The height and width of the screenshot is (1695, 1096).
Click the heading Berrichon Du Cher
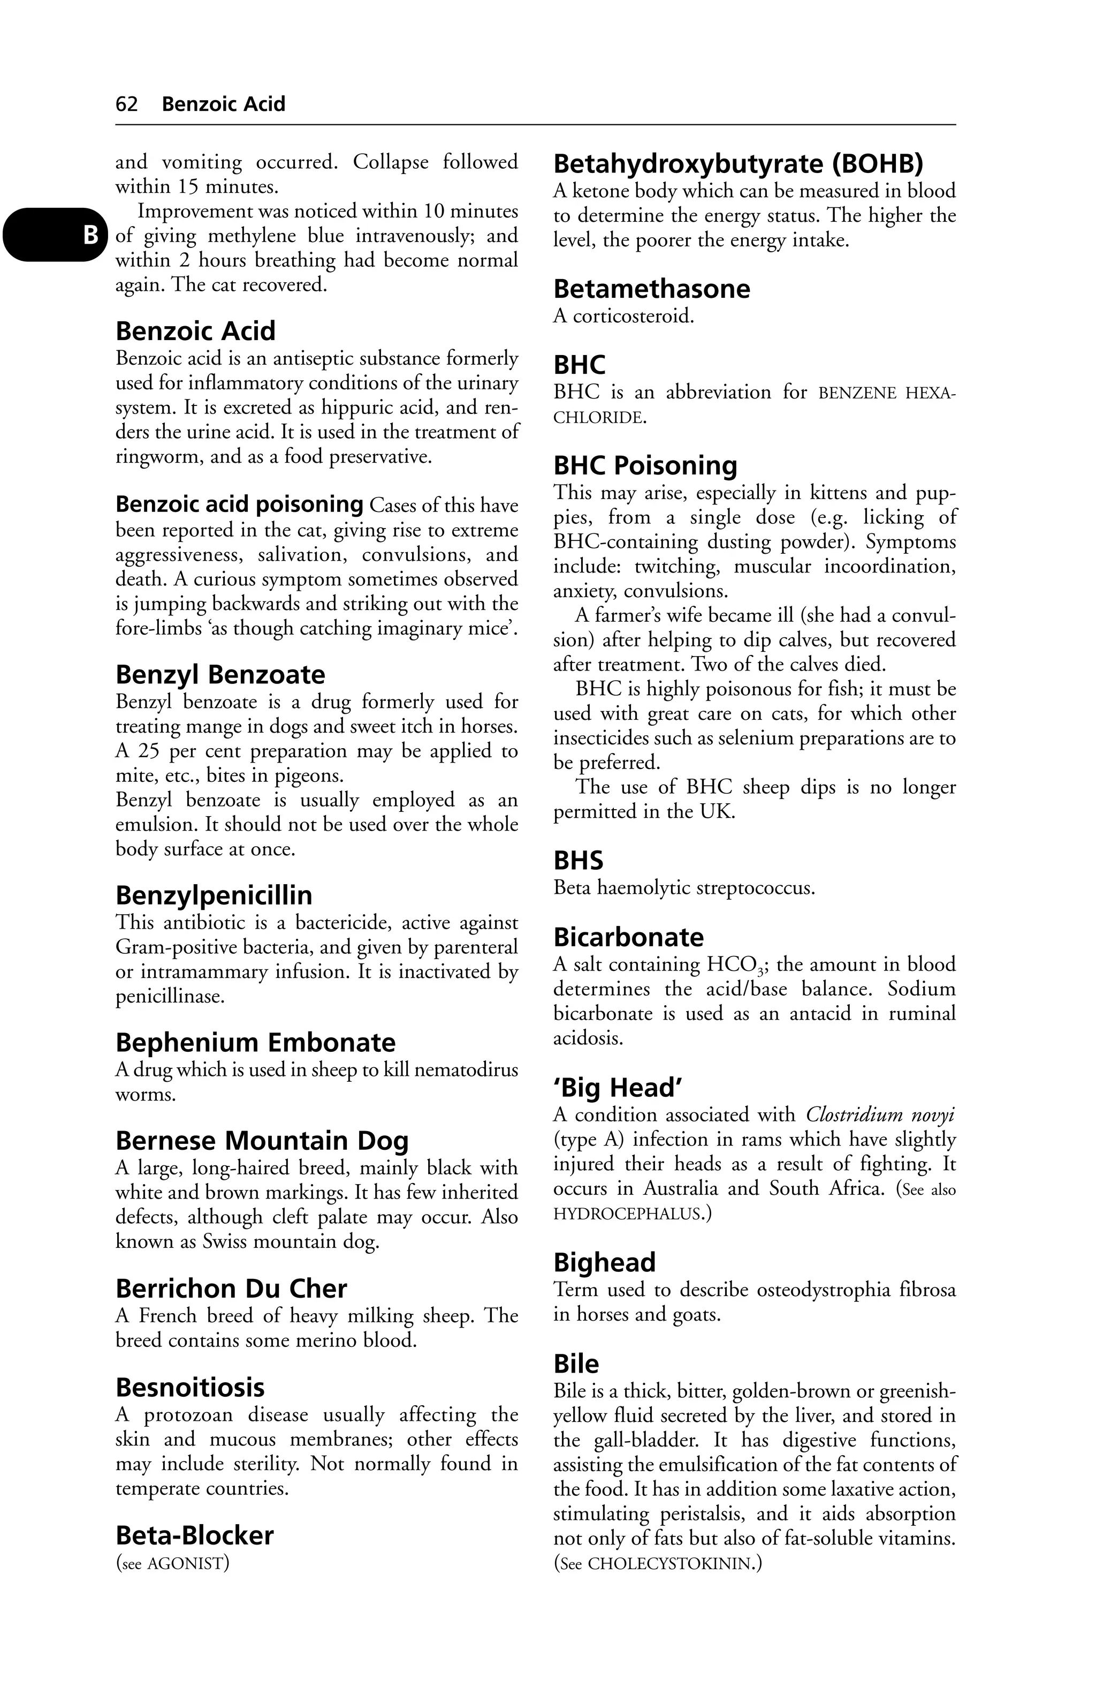[231, 1289]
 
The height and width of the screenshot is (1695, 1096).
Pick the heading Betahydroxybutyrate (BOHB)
[738, 164]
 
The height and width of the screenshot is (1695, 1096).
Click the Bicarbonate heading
[628, 937]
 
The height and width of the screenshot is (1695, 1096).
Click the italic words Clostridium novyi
[880, 1116]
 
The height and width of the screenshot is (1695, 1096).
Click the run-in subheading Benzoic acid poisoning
[239, 504]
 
